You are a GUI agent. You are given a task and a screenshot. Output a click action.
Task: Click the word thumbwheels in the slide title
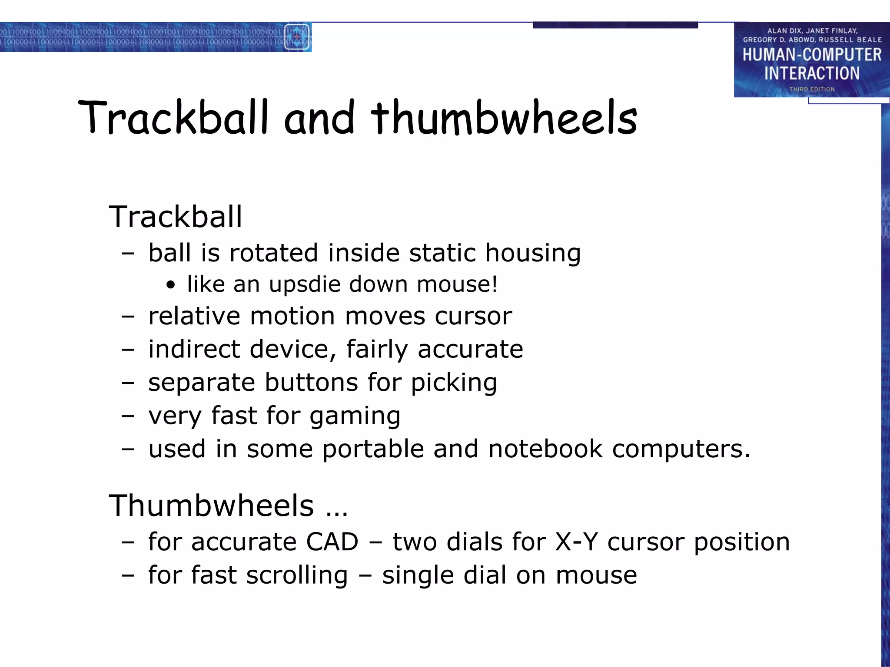[x=504, y=117]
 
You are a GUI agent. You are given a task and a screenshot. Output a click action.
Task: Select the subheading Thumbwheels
[x=211, y=506]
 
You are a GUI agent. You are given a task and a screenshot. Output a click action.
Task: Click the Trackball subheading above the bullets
[x=175, y=217]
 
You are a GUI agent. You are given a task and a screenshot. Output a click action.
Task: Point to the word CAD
[x=332, y=542]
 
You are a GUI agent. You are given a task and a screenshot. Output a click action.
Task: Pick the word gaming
[x=355, y=416]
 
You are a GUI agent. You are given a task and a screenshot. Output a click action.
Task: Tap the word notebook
[x=545, y=449]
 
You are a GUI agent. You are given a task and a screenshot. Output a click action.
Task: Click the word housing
[x=533, y=253]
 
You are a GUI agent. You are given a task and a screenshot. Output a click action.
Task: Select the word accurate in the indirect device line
[x=470, y=349]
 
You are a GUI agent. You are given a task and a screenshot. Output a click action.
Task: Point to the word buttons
[x=311, y=383]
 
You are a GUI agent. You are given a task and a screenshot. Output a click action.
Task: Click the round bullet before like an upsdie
[x=171, y=285]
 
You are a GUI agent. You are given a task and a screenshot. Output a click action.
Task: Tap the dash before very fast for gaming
[x=128, y=416]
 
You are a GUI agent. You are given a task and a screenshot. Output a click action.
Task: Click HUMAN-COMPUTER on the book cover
[x=812, y=55]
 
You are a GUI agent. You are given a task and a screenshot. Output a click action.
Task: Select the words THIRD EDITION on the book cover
[x=812, y=89]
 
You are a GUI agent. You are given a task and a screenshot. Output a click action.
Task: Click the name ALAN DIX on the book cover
[x=784, y=31]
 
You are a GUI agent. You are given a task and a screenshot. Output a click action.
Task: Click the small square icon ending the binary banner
[x=297, y=37]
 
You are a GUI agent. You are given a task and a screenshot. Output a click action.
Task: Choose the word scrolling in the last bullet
[x=297, y=575]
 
